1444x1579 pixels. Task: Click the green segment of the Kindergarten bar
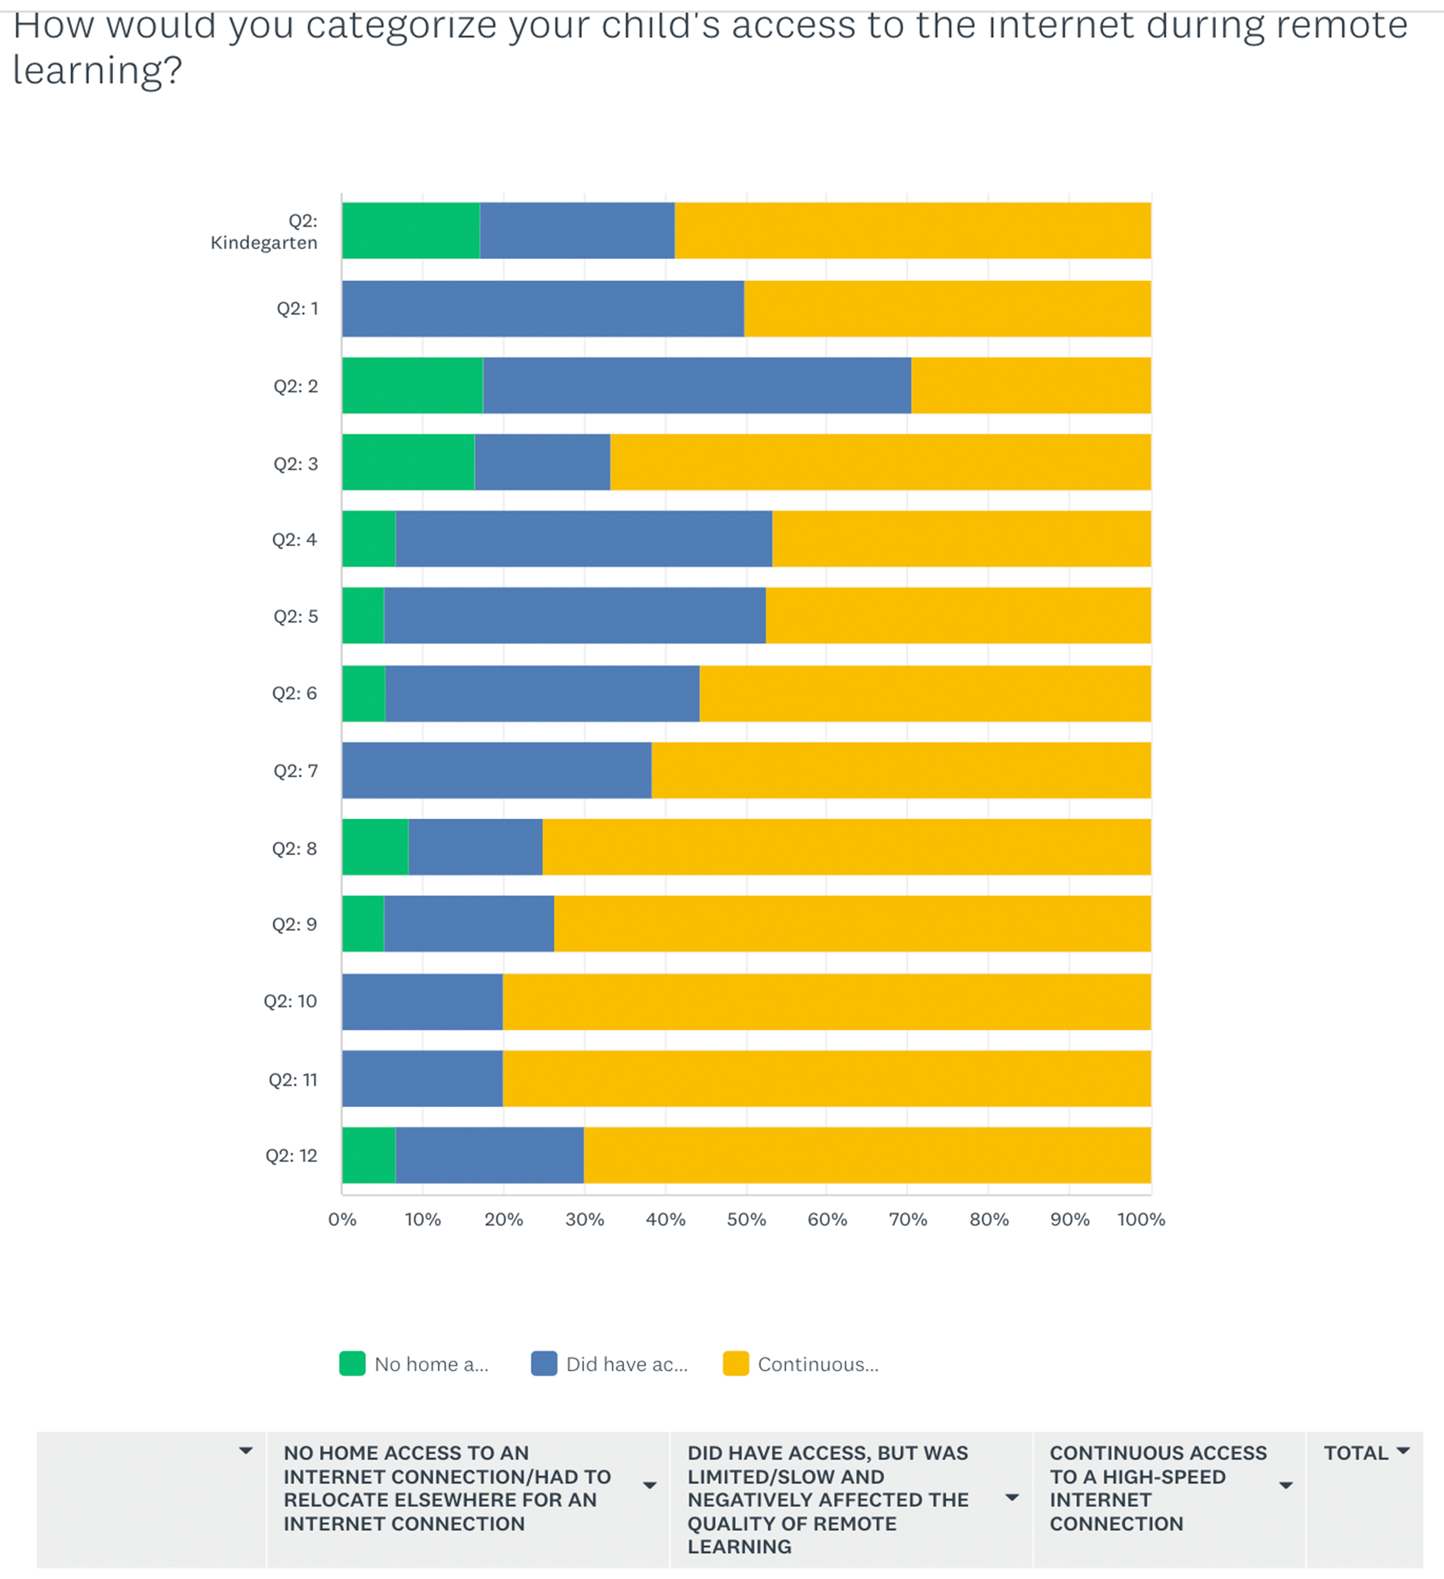pyautogui.click(x=410, y=231)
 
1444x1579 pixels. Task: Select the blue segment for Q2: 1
pyautogui.click(x=543, y=309)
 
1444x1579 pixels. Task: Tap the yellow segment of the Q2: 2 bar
pyautogui.click(x=1030, y=386)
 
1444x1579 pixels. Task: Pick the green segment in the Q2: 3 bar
pyautogui.click(x=408, y=462)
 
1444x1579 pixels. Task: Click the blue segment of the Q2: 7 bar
pyautogui.click(x=497, y=770)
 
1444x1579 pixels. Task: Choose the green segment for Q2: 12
pyautogui.click(x=369, y=1155)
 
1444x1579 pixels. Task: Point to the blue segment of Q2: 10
pyautogui.click(x=422, y=1001)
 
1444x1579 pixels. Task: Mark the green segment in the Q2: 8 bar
pyautogui.click(x=375, y=847)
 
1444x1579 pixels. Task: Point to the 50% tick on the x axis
pyautogui.click(x=746, y=1219)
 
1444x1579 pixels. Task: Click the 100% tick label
pyautogui.click(x=1141, y=1219)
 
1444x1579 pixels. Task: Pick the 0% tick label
pyautogui.click(x=342, y=1219)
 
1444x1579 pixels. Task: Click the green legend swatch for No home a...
pyautogui.click(x=352, y=1364)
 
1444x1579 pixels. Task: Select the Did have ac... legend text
pyautogui.click(x=627, y=1364)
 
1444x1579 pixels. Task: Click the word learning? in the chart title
pyautogui.click(x=97, y=70)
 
